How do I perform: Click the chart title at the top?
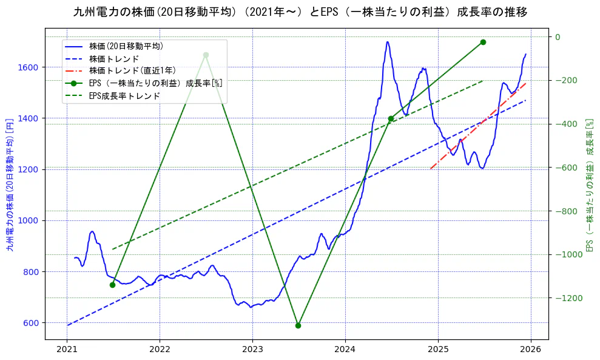pos(300,12)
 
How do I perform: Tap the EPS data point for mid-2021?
pos(112,285)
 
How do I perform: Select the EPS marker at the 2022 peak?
pos(206,55)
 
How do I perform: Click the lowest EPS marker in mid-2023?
pos(298,325)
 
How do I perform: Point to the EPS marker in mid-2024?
pos(391,119)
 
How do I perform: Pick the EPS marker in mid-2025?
pos(483,42)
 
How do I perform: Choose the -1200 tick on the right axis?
pos(568,298)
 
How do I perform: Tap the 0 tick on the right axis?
pos(558,37)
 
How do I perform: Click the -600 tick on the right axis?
pos(566,168)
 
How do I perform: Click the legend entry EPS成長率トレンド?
pos(124,96)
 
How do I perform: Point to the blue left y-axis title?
pos(10,185)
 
